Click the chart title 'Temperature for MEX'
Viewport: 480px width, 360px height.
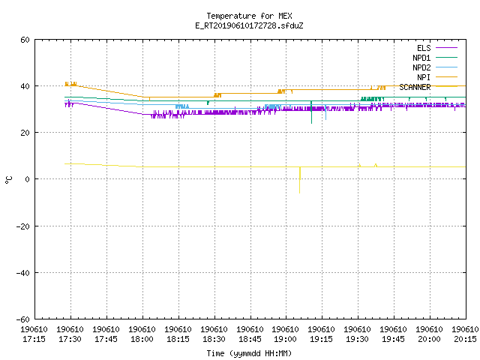(249, 16)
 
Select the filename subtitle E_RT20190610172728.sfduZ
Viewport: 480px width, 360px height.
(249, 25)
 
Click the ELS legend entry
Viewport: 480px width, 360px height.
(436, 48)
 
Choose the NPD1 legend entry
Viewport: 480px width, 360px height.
(435, 58)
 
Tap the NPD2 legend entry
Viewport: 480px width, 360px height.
(435, 67)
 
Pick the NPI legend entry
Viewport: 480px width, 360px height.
(436, 77)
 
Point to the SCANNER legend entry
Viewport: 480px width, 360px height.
(428, 87)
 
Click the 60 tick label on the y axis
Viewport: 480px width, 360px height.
(25, 40)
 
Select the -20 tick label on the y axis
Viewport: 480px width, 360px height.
(23, 226)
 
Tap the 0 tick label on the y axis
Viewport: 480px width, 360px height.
(27, 179)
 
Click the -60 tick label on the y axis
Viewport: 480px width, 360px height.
(23, 319)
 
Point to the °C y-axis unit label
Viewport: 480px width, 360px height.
(8, 180)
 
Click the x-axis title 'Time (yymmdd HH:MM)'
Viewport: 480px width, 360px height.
(249, 353)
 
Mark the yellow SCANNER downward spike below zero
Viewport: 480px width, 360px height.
(300, 180)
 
